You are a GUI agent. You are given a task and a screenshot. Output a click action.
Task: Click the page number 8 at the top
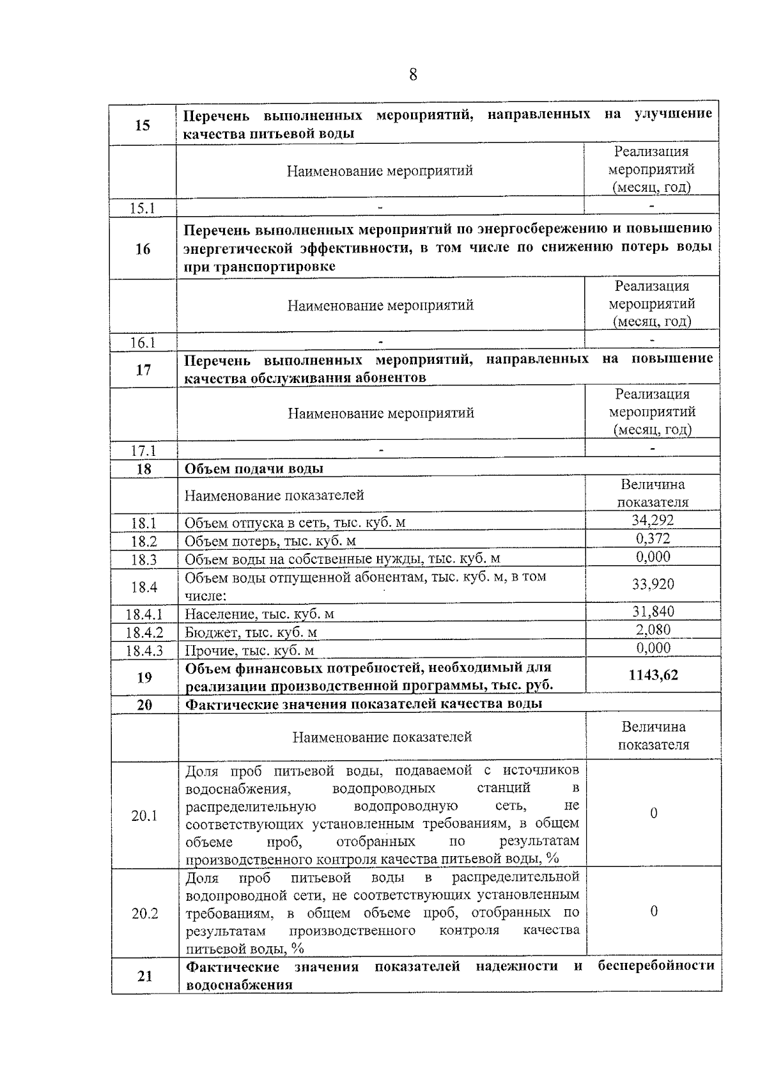(x=413, y=75)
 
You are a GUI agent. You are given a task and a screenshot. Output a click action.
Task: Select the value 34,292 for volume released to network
(x=653, y=520)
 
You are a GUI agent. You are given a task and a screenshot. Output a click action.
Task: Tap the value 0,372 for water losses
(x=653, y=539)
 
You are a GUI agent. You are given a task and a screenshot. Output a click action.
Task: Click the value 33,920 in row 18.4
(x=653, y=584)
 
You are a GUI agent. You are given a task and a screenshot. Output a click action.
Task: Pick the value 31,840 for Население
(x=653, y=612)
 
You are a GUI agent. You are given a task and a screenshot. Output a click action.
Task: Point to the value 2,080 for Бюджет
(x=653, y=630)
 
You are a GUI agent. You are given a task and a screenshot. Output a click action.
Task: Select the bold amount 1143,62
(x=653, y=675)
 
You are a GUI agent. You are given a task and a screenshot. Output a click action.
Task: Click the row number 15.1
(x=143, y=208)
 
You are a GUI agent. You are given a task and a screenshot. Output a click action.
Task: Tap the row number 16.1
(x=143, y=343)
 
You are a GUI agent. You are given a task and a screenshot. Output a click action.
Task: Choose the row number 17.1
(x=144, y=451)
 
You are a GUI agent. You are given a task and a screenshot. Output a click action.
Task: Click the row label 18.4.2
(x=144, y=633)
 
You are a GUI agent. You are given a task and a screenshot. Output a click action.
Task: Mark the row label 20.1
(x=144, y=816)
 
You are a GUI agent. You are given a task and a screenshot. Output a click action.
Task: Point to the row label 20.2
(x=145, y=914)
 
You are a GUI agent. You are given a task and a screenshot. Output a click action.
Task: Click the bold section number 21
(x=145, y=976)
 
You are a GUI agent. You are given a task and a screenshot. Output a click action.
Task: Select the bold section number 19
(x=144, y=677)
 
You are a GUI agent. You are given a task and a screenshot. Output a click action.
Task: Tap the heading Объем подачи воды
(x=254, y=469)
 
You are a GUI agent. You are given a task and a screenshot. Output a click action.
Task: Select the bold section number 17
(x=144, y=370)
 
